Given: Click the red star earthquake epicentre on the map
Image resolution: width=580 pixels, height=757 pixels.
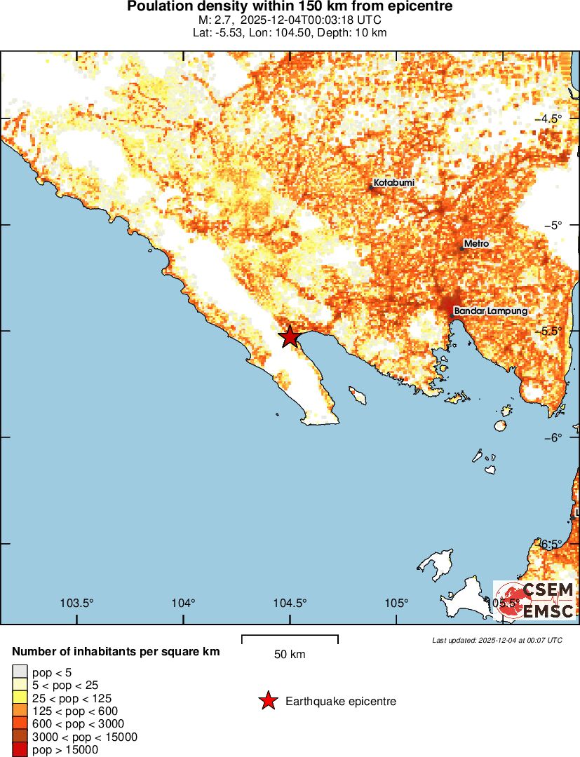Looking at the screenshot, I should tap(290, 336).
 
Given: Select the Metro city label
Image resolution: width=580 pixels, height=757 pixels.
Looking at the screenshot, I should tap(476, 244).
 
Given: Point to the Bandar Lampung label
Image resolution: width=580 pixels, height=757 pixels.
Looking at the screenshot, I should tap(490, 311).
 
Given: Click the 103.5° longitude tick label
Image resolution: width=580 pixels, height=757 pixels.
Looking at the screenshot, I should tap(77, 603).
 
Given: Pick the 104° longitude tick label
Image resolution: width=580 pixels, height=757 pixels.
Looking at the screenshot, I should tap(184, 603).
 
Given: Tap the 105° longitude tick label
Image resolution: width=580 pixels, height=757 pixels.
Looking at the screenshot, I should tap(396, 603).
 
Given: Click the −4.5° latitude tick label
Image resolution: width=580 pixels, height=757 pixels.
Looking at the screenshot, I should tap(558, 118).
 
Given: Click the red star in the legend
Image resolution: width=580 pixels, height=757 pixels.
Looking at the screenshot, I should tap(267, 701).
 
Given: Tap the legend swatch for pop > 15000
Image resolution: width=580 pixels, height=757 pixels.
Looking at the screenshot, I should tap(20, 749).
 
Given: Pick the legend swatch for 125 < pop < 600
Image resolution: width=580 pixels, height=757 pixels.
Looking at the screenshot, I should tap(20, 711).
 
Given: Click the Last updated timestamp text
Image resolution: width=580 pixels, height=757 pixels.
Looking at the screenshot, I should tap(497, 640).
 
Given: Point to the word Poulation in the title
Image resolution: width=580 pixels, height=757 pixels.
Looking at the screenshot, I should tap(159, 6).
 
